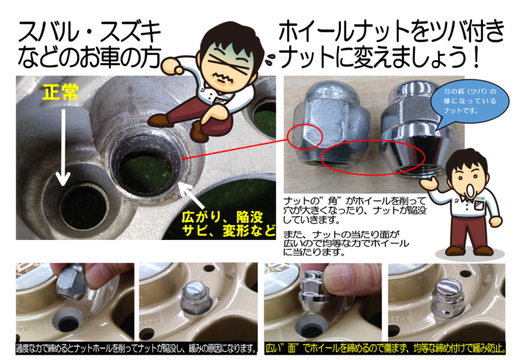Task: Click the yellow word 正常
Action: (x=61, y=92)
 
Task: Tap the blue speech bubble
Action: (x=469, y=103)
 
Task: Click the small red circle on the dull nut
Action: (x=305, y=136)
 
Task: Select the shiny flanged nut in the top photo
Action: (x=412, y=130)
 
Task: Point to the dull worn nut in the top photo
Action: (x=331, y=123)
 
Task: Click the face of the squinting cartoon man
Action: (x=228, y=67)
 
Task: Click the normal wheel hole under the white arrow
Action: (x=85, y=207)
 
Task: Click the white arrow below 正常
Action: (x=63, y=146)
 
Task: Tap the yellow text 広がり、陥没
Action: (x=222, y=217)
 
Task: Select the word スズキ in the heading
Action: (x=131, y=33)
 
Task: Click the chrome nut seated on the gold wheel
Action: (x=447, y=299)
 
